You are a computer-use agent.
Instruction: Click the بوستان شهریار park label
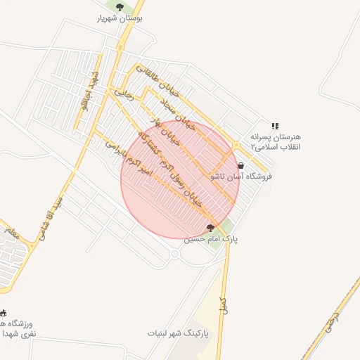(120, 20)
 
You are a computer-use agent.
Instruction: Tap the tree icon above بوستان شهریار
(120, 8)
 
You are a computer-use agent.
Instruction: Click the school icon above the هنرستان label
(275, 126)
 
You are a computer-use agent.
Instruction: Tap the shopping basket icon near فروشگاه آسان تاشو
(241, 166)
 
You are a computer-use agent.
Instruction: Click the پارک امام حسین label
(211, 239)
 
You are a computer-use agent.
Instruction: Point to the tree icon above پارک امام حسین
(210, 227)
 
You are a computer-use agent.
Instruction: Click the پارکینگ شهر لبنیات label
(179, 332)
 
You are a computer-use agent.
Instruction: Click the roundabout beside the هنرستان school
(236, 146)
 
